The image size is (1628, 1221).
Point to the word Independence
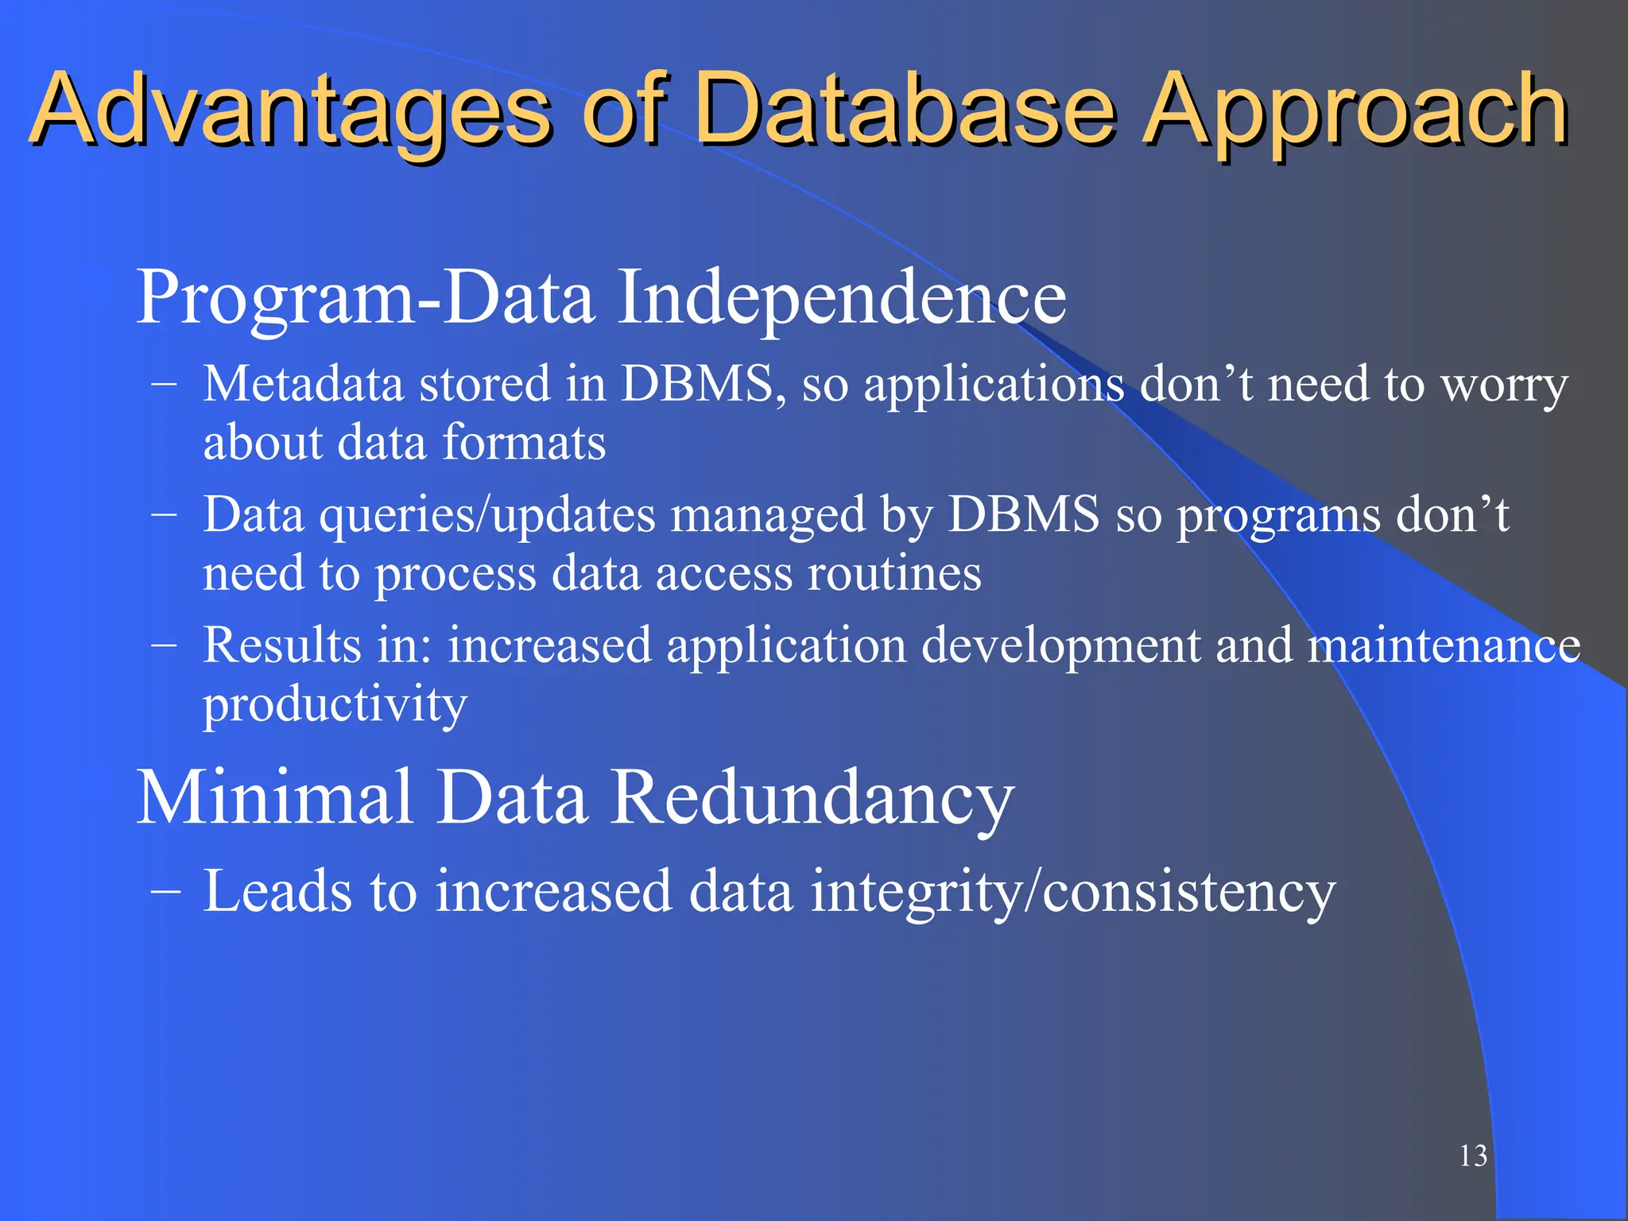(842, 298)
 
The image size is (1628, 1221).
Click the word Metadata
(303, 384)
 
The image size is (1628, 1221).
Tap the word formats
(524, 443)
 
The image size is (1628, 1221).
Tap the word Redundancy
(812, 799)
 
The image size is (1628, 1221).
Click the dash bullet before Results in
(164, 645)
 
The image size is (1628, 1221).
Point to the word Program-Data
(366, 298)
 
